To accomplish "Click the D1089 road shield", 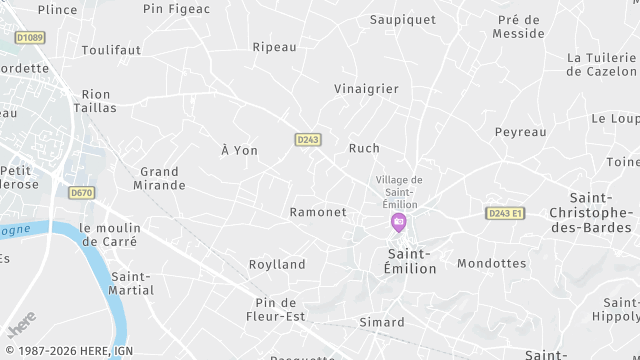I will pos(29,37).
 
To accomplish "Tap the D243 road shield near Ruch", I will pos(308,140).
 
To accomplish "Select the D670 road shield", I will pos(81,192).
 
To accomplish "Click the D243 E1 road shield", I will pos(505,213).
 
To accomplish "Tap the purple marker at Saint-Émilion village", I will pos(399,221).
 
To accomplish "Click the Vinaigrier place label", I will pos(366,89).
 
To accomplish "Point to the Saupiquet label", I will pos(404,19).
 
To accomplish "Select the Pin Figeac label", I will pos(177,9).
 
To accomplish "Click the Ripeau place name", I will pos(275,47).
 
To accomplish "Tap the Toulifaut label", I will pos(111,49).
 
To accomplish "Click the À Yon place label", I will pos(239,150).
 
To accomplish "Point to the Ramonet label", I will pos(317,212).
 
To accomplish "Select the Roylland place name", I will pos(277,264).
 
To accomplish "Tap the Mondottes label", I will pos(491,264).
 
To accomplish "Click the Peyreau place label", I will pos(520,132).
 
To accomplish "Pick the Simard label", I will pos(382,322).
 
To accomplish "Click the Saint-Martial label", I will pos(133,283).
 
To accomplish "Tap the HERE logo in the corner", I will pos(20,326).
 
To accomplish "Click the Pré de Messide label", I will pos(518,26).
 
